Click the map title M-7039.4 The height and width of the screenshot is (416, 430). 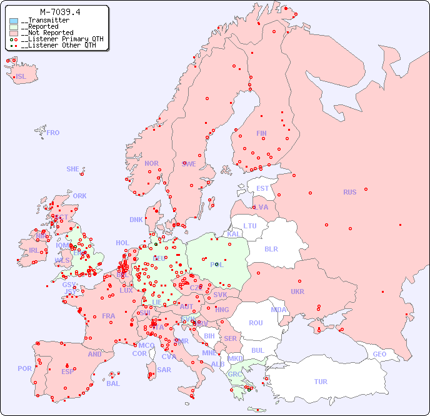[x=59, y=12]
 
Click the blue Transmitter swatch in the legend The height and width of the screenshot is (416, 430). [x=14, y=21]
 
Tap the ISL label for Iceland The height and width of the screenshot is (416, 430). [x=21, y=77]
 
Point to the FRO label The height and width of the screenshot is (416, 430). [x=53, y=133]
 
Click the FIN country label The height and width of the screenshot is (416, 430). [x=261, y=133]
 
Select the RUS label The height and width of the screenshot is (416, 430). [x=349, y=192]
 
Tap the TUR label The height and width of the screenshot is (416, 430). [x=321, y=382]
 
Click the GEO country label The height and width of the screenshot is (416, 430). [x=379, y=354]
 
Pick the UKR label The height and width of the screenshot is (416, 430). [x=297, y=292]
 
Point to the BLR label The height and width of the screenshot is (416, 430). [x=271, y=248]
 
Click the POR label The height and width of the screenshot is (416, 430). [x=24, y=368]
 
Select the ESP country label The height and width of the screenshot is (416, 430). [x=67, y=371]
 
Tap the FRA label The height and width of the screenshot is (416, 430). [x=109, y=316]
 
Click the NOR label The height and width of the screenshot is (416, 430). [x=151, y=163]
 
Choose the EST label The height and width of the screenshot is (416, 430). [x=262, y=188]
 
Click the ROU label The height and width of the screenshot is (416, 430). [x=256, y=323]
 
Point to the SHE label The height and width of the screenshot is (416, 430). [x=73, y=169]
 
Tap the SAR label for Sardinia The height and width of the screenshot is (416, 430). [x=164, y=370]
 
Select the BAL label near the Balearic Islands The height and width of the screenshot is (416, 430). [x=113, y=383]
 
